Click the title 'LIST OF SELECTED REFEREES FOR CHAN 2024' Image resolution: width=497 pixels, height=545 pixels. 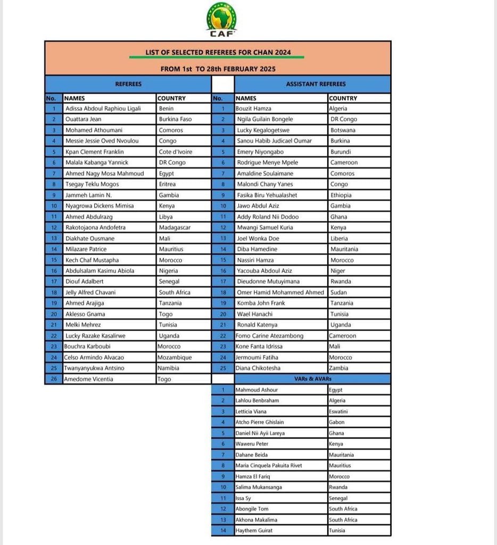tap(217, 52)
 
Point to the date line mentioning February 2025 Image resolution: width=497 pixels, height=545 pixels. tap(218, 69)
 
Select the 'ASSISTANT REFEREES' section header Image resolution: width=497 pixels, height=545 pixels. tap(316, 84)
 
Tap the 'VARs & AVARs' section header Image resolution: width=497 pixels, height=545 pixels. tap(312, 379)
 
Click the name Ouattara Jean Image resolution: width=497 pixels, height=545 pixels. tap(84, 119)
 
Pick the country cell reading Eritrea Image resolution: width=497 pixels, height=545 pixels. tap(167, 184)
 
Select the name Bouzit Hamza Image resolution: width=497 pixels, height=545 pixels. tap(254, 109)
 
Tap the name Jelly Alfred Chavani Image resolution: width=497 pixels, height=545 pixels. tap(90, 292)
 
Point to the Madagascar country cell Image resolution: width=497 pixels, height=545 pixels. tap(175, 227)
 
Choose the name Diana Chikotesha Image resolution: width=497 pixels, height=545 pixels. tap(259, 368)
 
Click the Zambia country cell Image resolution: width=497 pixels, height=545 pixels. tap(339, 368)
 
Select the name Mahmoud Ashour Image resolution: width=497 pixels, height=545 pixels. tap(256, 390)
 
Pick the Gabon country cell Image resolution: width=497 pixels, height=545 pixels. tap(337, 422)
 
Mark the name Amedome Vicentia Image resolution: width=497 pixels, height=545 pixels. tap(88, 379)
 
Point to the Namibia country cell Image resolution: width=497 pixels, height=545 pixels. tap(169, 368)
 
